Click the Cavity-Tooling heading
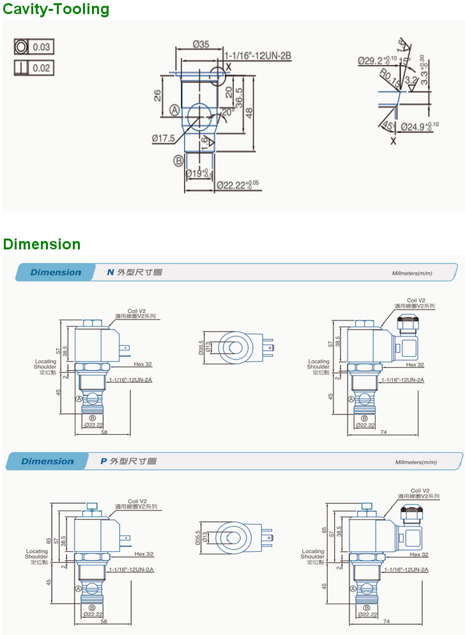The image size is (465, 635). pyautogui.click(x=56, y=9)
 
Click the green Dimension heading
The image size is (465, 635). pyautogui.click(x=42, y=244)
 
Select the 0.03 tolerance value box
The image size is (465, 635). pyautogui.click(x=42, y=47)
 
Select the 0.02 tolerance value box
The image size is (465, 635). pyautogui.click(x=42, y=68)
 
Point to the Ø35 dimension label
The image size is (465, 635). pyautogui.click(x=201, y=44)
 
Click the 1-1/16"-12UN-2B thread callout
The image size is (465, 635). pyautogui.click(x=257, y=56)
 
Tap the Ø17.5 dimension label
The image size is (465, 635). pyautogui.click(x=164, y=137)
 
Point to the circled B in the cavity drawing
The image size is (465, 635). pyautogui.click(x=178, y=161)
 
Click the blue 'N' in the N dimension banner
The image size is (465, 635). pyautogui.click(x=110, y=272)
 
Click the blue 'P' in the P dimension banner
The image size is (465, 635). pyautogui.click(x=103, y=461)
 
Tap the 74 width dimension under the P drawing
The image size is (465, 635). pyautogui.click(x=385, y=621)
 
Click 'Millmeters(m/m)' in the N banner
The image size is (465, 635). pyautogui.click(x=412, y=273)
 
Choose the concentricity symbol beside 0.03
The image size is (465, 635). pyautogui.click(x=22, y=47)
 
